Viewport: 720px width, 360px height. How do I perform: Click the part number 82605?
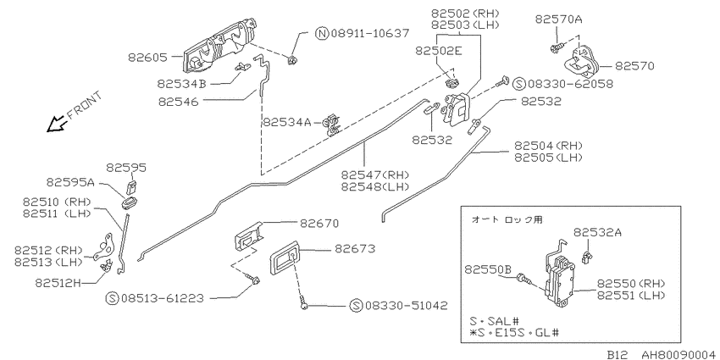pos(149,58)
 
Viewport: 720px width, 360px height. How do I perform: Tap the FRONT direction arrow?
pos(57,123)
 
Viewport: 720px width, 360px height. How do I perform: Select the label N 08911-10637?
pos(363,33)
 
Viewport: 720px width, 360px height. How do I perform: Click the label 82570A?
pos(559,19)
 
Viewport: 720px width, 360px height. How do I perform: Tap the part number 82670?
pos(319,223)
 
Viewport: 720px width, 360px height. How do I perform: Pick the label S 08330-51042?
pos(398,305)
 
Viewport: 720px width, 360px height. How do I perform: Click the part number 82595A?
pos(70,182)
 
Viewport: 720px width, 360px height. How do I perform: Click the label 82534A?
pos(287,123)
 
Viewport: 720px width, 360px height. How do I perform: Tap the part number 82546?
pos(178,102)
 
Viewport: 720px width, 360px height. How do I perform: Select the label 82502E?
pos(439,51)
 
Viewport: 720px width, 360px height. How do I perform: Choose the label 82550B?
pos(488,269)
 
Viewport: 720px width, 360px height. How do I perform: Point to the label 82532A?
pos(597,232)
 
